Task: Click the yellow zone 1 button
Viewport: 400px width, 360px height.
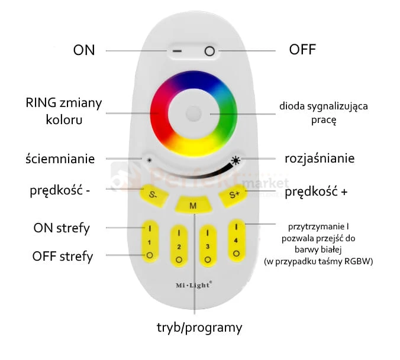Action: tap(150, 242)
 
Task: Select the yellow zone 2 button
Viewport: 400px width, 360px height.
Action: tap(179, 245)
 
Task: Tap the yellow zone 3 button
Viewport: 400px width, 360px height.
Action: tap(208, 245)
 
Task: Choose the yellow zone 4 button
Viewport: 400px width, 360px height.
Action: tap(237, 241)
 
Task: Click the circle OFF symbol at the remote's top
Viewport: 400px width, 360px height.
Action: tap(208, 51)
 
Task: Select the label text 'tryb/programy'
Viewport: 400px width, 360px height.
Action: tap(199, 327)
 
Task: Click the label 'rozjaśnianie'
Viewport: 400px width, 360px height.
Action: tap(320, 158)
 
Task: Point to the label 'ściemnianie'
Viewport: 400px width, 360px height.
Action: tap(60, 158)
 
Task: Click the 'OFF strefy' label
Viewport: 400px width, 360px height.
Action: tap(63, 257)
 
